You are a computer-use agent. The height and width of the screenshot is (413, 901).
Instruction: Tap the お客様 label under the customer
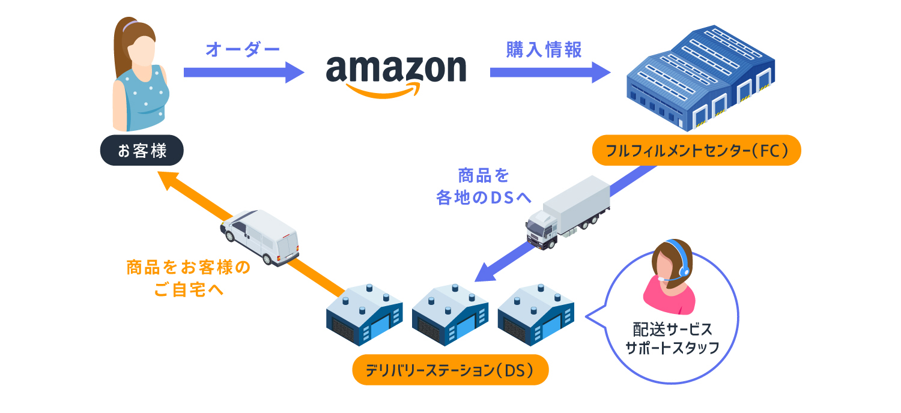142,150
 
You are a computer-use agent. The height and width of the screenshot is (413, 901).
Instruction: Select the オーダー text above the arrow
243,50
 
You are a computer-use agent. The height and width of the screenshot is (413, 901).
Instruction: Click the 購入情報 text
544,50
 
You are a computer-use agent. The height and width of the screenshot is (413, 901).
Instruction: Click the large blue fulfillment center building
700,78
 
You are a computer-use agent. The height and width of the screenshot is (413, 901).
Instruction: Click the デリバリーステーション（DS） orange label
450,370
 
